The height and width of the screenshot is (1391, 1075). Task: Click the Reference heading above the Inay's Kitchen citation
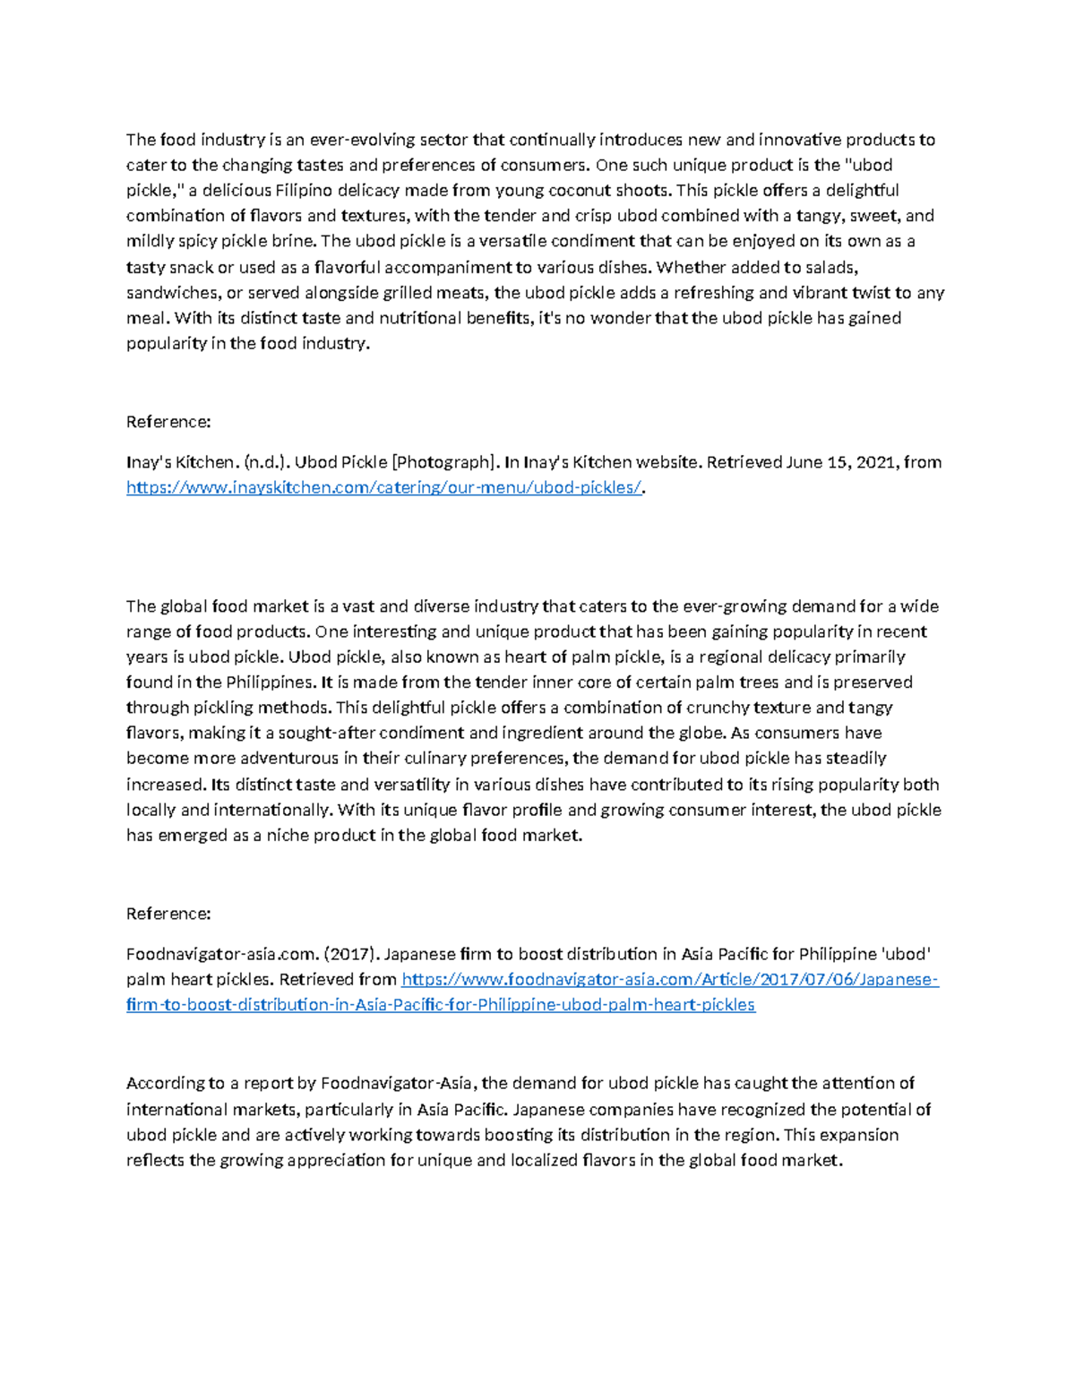(x=168, y=422)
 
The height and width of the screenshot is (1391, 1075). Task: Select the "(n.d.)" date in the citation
(x=267, y=462)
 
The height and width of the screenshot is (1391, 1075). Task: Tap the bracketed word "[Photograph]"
(x=443, y=462)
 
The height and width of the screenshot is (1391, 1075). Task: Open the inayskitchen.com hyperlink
(x=384, y=487)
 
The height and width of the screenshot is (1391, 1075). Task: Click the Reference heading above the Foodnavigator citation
(x=168, y=914)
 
